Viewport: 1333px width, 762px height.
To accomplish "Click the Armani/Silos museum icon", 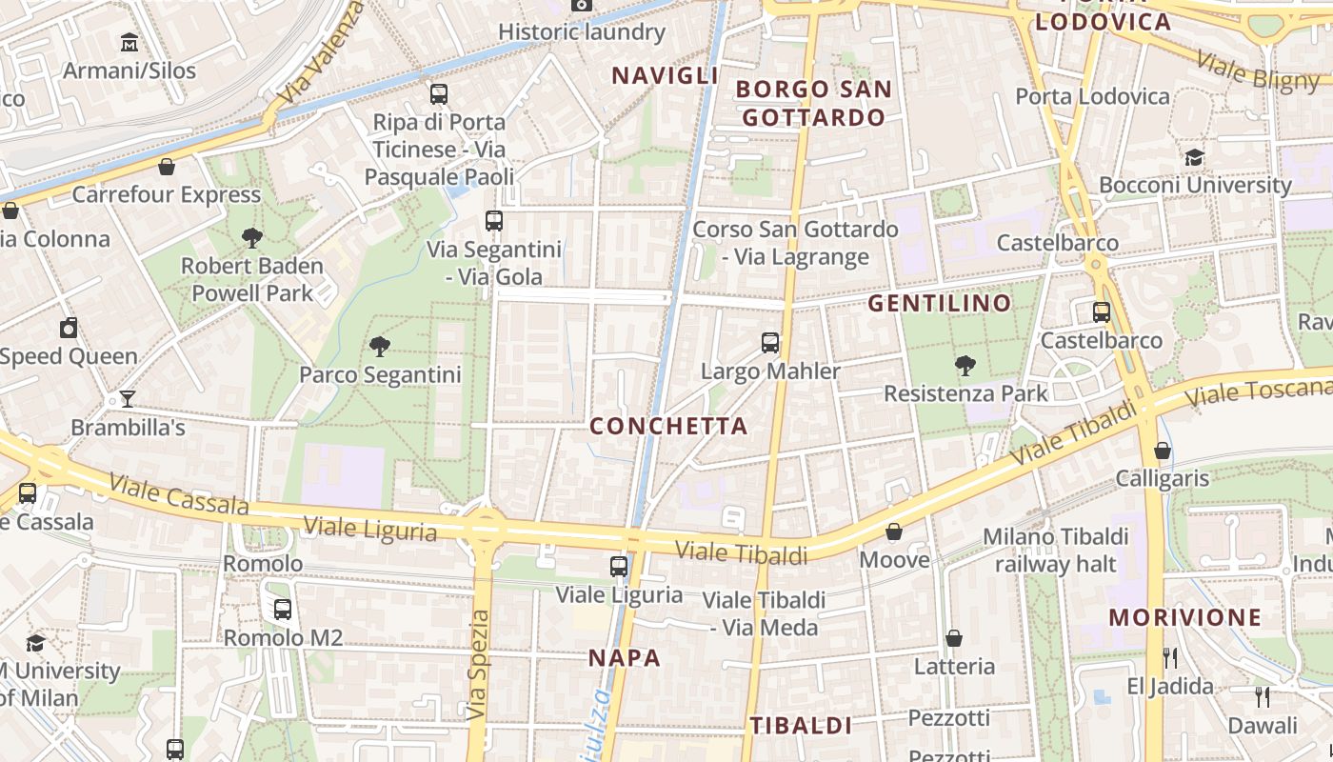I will point(129,43).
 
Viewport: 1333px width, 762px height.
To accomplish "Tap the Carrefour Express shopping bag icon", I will point(167,168).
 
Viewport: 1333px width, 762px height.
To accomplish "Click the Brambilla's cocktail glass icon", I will point(127,399).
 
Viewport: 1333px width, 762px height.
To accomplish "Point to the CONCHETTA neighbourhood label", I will point(668,427).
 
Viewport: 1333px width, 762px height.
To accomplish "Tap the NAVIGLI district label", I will point(665,75).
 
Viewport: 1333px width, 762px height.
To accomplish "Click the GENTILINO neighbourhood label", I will point(940,304).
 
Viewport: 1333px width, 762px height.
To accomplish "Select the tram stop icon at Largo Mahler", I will point(770,343).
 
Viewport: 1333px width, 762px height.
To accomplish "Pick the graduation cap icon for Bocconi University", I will point(1194,157).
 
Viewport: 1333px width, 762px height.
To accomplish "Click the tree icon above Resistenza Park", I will point(965,365).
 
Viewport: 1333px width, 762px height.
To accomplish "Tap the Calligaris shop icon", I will point(1162,451).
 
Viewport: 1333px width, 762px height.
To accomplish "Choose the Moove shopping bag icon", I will point(894,531).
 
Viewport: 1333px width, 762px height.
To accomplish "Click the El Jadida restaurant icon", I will point(1170,658).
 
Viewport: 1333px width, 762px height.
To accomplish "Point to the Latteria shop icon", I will point(954,638).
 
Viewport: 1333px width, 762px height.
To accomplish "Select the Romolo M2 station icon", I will point(282,610).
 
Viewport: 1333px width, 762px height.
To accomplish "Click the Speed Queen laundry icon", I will point(69,329).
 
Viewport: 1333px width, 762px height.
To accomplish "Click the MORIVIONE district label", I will point(1184,617).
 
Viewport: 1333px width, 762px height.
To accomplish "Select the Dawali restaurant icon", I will point(1263,697).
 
